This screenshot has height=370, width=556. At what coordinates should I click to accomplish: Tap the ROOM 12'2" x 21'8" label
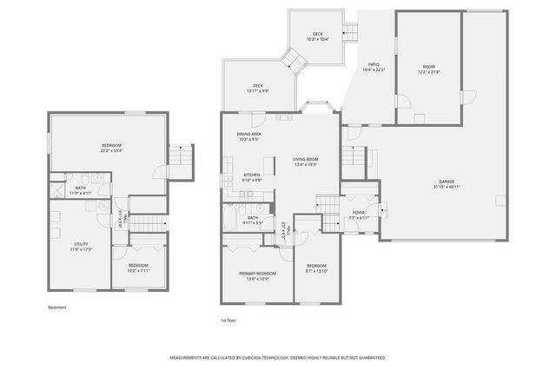point(428,69)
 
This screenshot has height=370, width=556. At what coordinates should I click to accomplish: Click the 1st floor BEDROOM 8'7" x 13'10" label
point(316,268)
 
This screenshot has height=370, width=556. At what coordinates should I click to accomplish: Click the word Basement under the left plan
point(56,307)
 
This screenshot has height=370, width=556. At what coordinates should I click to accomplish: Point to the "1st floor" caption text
point(229,320)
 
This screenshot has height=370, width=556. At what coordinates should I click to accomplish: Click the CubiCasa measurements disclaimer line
point(278,357)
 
